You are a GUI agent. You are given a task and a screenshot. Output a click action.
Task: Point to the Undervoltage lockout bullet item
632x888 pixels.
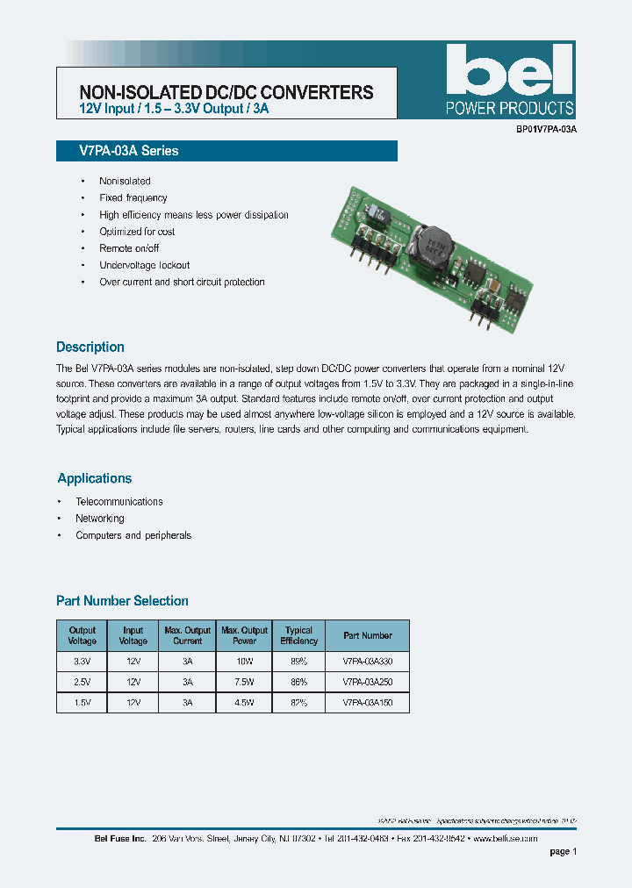click(x=144, y=265)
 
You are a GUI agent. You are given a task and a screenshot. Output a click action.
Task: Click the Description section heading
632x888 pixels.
click(x=90, y=347)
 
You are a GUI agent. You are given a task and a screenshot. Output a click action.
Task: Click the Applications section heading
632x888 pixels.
click(x=95, y=478)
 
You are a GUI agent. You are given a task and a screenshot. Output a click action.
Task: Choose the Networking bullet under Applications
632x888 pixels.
click(x=100, y=519)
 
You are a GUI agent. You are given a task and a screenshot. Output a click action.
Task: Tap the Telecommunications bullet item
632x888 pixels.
click(x=119, y=502)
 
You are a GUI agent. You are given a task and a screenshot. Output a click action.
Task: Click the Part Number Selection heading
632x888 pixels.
click(x=122, y=601)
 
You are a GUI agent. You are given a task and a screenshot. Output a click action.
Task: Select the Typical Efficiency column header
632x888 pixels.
click(x=298, y=635)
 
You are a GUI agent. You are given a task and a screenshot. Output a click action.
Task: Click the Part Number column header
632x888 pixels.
click(x=368, y=635)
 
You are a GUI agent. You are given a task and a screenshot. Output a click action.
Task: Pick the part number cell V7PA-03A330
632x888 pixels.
click(x=368, y=659)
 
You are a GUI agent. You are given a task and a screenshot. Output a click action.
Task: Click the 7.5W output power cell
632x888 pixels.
click(x=244, y=681)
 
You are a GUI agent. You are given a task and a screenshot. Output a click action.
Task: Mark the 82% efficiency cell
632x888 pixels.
click(x=298, y=703)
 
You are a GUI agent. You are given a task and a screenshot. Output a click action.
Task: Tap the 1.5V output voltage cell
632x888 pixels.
click(x=82, y=703)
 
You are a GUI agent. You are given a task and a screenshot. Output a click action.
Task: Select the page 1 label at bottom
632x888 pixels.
click(x=563, y=852)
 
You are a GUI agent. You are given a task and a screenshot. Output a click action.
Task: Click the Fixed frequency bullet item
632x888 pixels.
click(x=133, y=198)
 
